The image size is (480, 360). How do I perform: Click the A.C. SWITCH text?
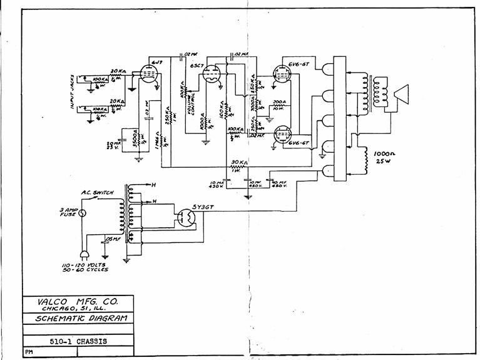click(98, 193)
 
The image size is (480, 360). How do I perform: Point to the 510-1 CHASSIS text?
click(78, 341)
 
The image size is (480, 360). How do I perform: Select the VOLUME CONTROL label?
click(187, 98)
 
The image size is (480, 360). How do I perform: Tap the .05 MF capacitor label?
click(114, 239)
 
